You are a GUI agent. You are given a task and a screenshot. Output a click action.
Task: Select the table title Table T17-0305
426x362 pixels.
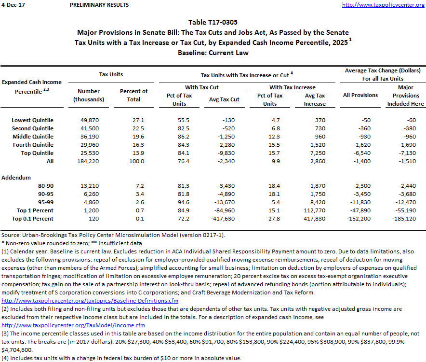click(213, 22)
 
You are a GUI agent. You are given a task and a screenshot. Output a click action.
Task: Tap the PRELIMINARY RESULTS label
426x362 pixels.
click(99, 5)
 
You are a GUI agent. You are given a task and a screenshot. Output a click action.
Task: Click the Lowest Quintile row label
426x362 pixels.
click(32, 120)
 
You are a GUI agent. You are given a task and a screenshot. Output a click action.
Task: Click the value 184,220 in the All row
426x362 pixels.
click(89, 161)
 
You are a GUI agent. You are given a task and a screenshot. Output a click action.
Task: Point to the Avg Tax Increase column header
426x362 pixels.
click(315, 99)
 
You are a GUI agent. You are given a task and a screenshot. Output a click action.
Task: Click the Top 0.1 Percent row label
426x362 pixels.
click(33, 219)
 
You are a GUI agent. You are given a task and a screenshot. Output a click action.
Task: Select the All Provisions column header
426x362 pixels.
click(360, 95)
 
